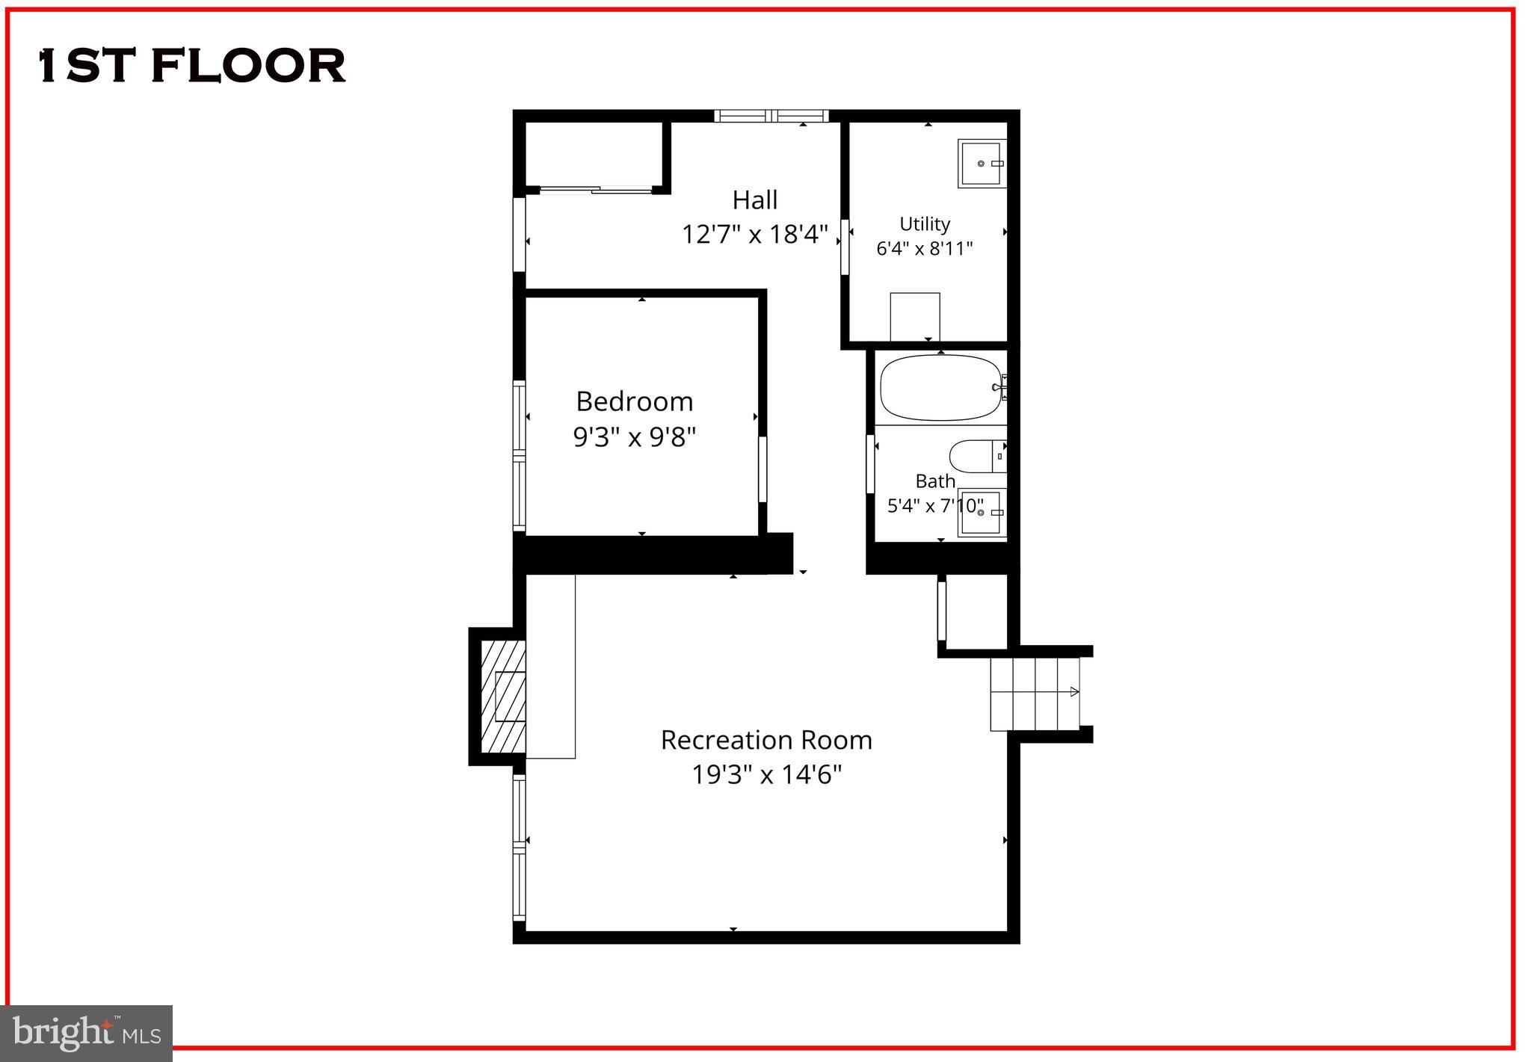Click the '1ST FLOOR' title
tap(192, 66)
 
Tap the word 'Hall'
tap(754, 200)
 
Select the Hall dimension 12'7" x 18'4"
tap(754, 235)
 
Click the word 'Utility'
tap(925, 224)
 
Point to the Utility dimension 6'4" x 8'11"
tap(925, 248)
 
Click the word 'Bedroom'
tap(635, 402)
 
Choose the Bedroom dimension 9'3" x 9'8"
tap(635, 436)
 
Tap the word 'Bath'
tap(935, 481)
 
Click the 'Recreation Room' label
tap(766, 740)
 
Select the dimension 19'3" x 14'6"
tap(766, 775)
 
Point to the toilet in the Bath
tap(976, 456)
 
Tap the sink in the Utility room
tap(982, 163)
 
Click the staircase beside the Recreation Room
tap(1035, 693)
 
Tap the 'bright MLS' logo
tap(87, 1033)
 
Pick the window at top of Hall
tap(771, 116)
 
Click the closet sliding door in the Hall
tap(596, 191)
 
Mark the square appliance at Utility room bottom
tap(914, 316)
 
